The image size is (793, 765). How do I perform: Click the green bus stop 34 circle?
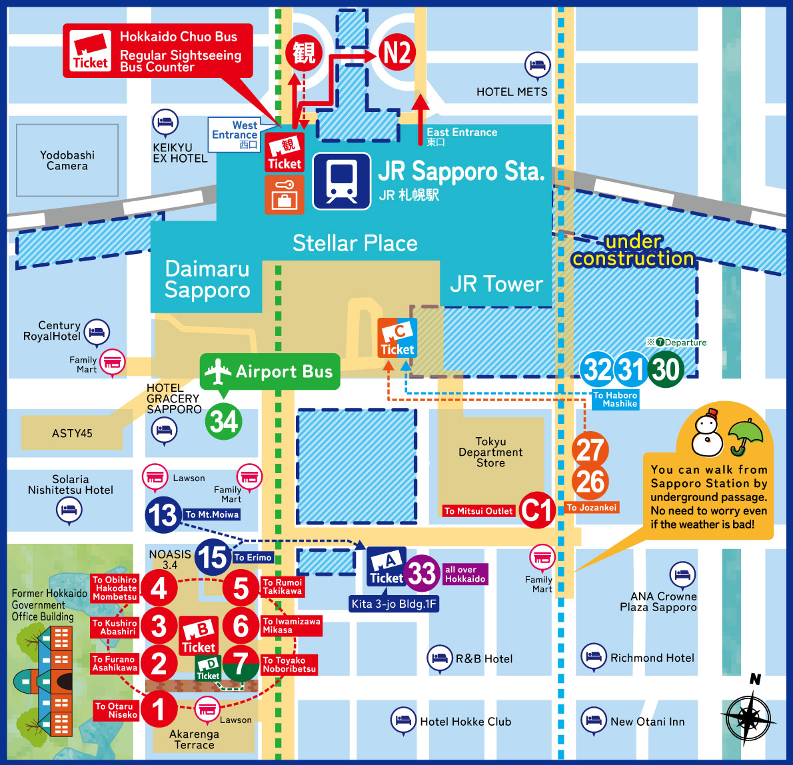pos(223,421)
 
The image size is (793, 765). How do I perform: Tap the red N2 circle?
pos(397,53)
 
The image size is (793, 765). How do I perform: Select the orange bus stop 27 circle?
pos(590,450)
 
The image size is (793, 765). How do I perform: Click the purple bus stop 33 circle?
pos(422,572)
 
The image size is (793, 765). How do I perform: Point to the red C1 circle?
pos(537,510)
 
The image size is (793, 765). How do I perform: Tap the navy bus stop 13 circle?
pos(163,514)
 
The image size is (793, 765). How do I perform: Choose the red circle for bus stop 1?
pos(159,709)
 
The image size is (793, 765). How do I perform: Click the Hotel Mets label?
pos(512,92)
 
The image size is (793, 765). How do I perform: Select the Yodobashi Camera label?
pos(67,161)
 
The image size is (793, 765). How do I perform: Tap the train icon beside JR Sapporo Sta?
pos(342,181)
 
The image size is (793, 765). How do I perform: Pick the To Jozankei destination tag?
pos(592,508)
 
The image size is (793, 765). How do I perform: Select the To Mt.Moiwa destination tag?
pos(211,514)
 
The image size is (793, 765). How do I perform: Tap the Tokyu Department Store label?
pos(490,452)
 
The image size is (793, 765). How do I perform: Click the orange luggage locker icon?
pos(285,195)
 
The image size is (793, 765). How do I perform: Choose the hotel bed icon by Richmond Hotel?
pos(593,657)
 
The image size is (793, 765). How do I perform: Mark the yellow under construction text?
pos(633,250)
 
